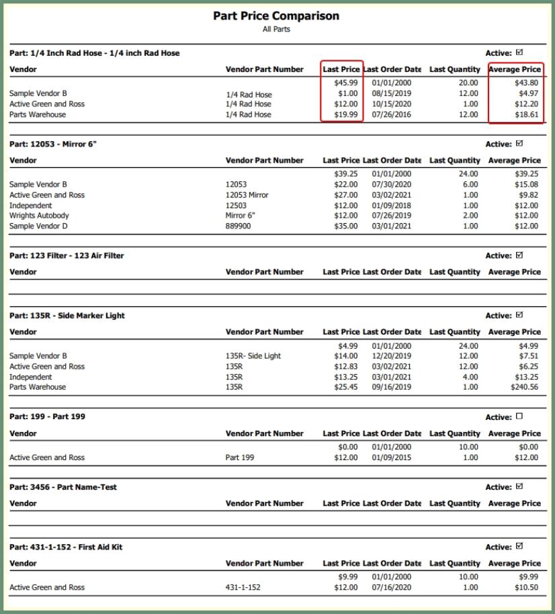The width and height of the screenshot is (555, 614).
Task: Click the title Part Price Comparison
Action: pos(276,16)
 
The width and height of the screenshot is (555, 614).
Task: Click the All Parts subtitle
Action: pos(276,30)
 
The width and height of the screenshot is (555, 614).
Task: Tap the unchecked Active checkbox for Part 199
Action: pos(519,416)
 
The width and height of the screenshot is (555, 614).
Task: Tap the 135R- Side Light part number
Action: pos(253,356)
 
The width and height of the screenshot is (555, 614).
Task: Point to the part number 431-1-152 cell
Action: pos(243,587)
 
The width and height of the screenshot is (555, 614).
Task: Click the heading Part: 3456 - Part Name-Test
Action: pos(63,487)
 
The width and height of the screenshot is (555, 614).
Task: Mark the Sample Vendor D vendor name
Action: pos(38,226)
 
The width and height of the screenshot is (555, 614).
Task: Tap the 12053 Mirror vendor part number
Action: pos(247,195)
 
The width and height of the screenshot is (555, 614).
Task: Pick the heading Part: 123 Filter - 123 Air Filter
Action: pos(67,256)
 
